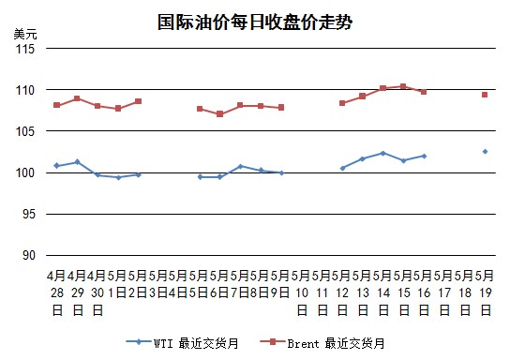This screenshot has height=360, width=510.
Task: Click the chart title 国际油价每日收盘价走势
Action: click(x=255, y=22)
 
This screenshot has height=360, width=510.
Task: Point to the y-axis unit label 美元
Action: click(x=25, y=34)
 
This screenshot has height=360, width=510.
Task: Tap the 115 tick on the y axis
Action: click(x=25, y=49)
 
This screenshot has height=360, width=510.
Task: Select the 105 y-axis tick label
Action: click(x=25, y=131)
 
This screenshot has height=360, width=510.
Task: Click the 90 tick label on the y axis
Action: click(x=29, y=255)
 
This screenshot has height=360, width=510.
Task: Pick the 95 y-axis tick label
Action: click(x=29, y=214)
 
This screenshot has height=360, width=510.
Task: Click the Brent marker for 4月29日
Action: click(x=77, y=98)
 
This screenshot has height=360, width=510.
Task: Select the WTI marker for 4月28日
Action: click(x=57, y=166)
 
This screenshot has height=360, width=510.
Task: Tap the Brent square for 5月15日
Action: click(x=403, y=86)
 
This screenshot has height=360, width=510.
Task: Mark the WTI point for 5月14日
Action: click(x=382, y=153)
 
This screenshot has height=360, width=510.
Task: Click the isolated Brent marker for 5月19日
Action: click(x=485, y=95)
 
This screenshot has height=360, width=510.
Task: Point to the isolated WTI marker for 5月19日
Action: click(x=485, y=152)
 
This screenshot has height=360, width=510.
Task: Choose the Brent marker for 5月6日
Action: click(x=220, y=114)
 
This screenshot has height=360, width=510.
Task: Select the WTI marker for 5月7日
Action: click(x=241, y=167)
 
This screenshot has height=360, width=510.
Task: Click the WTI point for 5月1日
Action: click(x=118, y=177)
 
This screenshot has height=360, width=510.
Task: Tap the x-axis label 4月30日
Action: click(x=97, y=292)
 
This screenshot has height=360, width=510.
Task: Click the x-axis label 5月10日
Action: click(x=302, y=292)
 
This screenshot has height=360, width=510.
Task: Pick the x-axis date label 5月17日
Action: click(x=444, y=292)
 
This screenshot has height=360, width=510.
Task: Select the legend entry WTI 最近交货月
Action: click(x=182, y=343)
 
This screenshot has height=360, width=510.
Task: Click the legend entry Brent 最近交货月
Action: click(x=322, y=343)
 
